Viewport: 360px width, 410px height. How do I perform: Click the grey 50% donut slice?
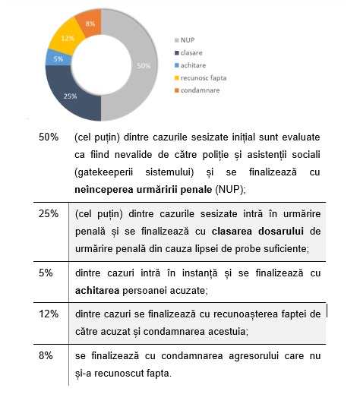(143, 65)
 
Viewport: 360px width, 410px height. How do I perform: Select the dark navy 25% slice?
(71, 96)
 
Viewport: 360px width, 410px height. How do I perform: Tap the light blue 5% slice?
(58, 58)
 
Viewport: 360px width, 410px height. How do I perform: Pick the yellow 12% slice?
(68, 38)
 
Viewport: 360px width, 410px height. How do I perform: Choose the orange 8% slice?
(90, 24)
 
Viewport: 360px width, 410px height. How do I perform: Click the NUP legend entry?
(185, 40)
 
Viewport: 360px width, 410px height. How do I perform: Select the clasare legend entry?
(188, 53)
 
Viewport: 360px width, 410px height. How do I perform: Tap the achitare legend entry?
(190, 65)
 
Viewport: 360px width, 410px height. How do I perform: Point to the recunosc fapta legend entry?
(201, 78)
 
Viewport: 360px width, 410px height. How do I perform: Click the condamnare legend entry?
(197, 90)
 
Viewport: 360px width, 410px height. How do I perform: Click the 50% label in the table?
(49, 137)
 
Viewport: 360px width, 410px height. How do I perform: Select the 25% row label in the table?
(49, 213)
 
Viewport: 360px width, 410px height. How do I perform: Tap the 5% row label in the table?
(46, 273)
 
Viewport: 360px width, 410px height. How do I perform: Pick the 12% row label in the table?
(49, 314)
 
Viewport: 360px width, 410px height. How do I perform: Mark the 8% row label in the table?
(46, 355)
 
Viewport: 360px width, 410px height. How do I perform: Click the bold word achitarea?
(97, 290)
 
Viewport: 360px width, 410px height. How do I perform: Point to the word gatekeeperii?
(104, 172)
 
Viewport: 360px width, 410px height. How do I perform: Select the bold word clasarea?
(232, 231)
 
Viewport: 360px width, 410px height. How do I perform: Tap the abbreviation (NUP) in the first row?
(229, 189)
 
